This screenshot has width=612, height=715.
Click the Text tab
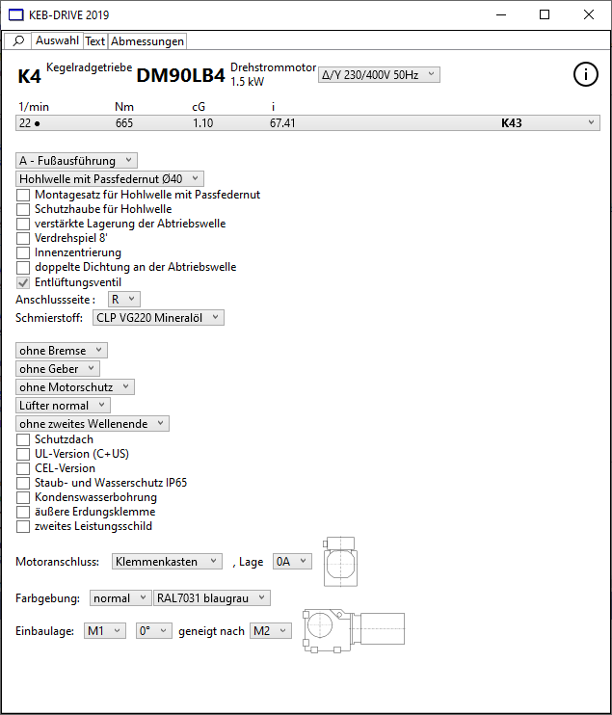[x=95, y=41]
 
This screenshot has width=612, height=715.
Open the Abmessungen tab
[x=147, y=41]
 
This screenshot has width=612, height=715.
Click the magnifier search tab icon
[x=18, y=41]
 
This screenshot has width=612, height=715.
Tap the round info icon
[x=586, y=74]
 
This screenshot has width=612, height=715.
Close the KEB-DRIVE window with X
[x=589, y=14]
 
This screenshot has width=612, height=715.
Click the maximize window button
[x=545, y=14]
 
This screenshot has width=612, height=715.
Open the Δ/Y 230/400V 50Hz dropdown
[x=379, y=74]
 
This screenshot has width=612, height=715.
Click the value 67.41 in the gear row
[x=282, y=123]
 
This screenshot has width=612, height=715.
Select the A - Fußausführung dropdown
[x=77, y=161]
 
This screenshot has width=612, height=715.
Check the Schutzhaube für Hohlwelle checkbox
[x=24, y=209]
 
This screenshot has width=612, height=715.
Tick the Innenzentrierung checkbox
[x=24, y=252]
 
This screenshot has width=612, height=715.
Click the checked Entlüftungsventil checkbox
[x=24, y=282]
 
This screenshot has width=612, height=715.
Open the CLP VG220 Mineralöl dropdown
[x=159, y=317]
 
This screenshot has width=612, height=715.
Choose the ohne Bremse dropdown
[x=62, y=351]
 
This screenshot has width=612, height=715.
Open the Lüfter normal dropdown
[x=64, y=406]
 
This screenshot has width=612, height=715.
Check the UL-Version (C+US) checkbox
[x=24, y=454]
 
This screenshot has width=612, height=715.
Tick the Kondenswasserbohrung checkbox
[x=24, y=497]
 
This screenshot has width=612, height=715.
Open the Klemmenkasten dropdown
[x=167, y=561]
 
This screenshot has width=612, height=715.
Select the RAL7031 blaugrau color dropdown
[x=211, y=598]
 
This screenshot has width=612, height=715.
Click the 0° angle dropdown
[x=152, y=631]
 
